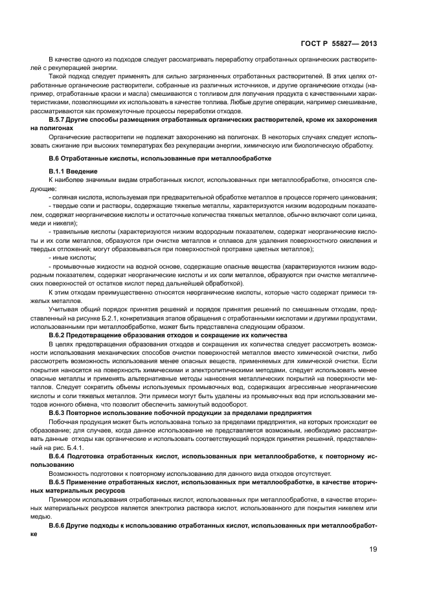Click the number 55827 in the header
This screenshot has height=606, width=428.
(346, 44)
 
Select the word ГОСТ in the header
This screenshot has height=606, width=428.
(313, 44)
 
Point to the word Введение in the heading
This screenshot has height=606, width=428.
(81, 170)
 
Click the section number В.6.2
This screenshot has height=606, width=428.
(60, 335)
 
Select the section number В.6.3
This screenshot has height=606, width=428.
(60, 412)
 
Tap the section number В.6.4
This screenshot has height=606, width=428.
(60, 456)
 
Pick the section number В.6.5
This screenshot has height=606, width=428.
(60, 482)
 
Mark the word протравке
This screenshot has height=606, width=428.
(245, 248)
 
